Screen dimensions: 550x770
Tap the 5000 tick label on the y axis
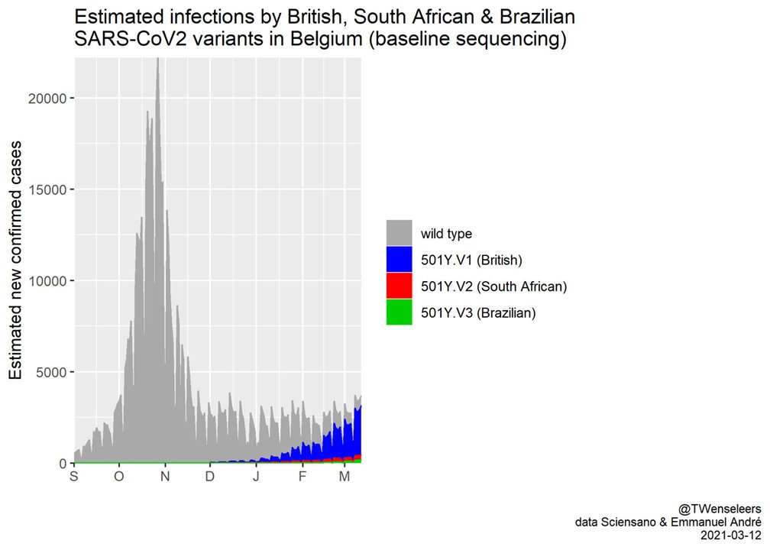click(51, 372)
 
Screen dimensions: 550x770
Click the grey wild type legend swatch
click(399, 233)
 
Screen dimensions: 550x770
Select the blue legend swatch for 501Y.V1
click(399, 260)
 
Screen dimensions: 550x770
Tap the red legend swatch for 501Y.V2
click(399, 286)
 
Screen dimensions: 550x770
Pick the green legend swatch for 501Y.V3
click(399, 312)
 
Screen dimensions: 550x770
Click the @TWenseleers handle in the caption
click(719, 508)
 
